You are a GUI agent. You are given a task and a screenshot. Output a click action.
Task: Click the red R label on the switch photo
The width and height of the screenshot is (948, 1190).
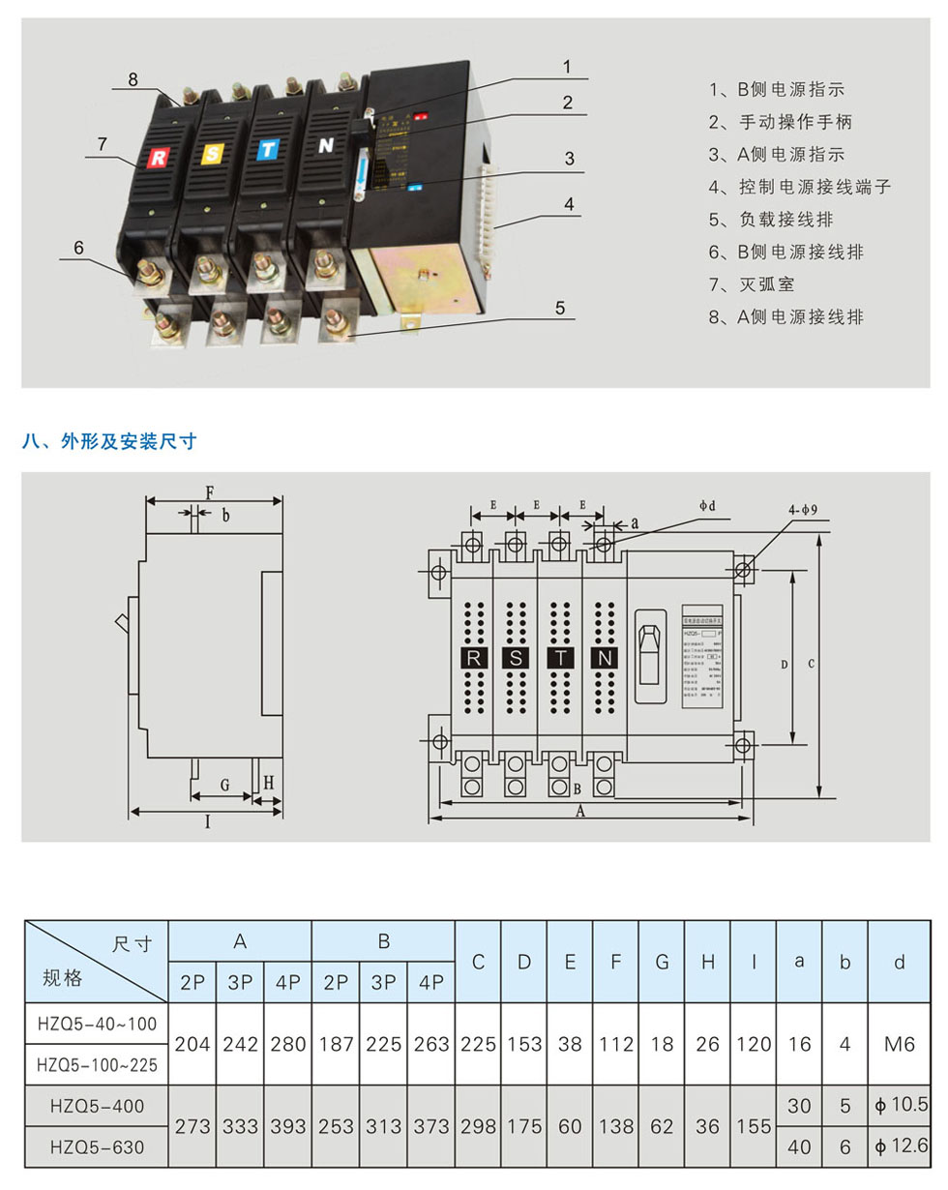point(157,157)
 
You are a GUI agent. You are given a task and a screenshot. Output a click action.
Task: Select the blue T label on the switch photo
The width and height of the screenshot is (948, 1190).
point(267,150)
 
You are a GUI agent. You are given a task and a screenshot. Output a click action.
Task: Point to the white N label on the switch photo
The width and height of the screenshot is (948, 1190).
point(325,147)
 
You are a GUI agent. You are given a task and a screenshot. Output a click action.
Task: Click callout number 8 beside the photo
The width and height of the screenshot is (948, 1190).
point(133,78)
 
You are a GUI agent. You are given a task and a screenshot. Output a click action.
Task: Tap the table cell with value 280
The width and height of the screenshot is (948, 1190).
point(287,1044)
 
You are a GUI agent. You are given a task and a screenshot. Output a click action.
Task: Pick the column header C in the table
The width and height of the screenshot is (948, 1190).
point(478,962)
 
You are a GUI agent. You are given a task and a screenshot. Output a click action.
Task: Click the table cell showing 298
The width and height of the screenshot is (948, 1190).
point(478,1125)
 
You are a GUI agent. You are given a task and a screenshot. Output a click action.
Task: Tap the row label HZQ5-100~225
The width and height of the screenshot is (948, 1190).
point(97,1064)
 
